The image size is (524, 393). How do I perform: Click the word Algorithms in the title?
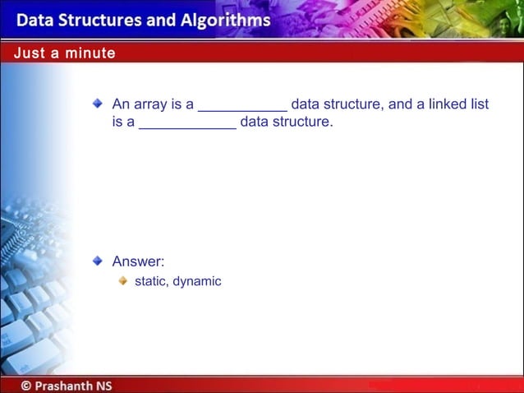click(224, 20)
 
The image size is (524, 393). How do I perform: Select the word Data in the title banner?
click(35, 20)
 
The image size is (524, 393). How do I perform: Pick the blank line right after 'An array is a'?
click(243, 107)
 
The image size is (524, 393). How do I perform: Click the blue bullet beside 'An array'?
click(98, 104)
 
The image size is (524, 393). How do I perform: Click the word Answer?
click(138, 262)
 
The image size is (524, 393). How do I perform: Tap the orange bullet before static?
click(122, 280)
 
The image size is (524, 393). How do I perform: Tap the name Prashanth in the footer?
click(67, 384)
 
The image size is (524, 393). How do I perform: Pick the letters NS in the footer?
click(104, 384)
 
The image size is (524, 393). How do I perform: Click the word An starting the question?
click(121, 104)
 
